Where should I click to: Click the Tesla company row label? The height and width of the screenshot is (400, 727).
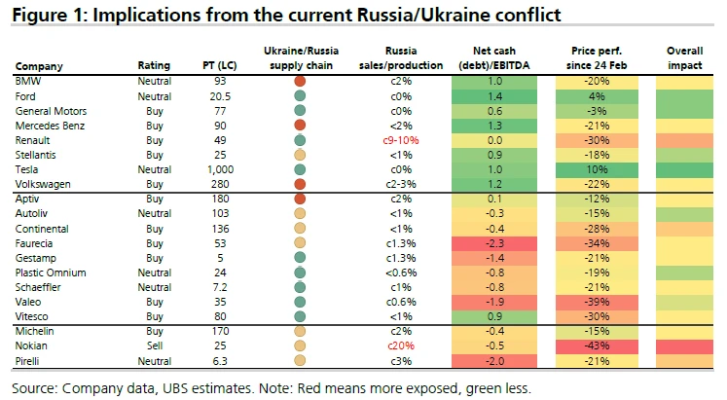28,168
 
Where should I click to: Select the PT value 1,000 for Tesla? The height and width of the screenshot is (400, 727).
219,168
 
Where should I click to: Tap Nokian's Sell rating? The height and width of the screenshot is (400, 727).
153,345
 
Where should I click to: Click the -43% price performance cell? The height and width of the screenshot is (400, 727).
598,345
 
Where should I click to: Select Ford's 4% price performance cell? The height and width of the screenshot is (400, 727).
598,97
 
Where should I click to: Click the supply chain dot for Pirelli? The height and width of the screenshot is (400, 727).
300,360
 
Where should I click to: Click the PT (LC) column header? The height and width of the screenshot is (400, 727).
219,66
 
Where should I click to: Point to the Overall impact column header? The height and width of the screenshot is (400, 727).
686,58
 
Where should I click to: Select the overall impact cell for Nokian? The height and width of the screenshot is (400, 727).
686,345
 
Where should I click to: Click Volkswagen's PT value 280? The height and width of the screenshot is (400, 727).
219,183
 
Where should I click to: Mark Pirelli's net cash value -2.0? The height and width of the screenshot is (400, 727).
493,360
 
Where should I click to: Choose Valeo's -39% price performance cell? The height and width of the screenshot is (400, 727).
598,301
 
